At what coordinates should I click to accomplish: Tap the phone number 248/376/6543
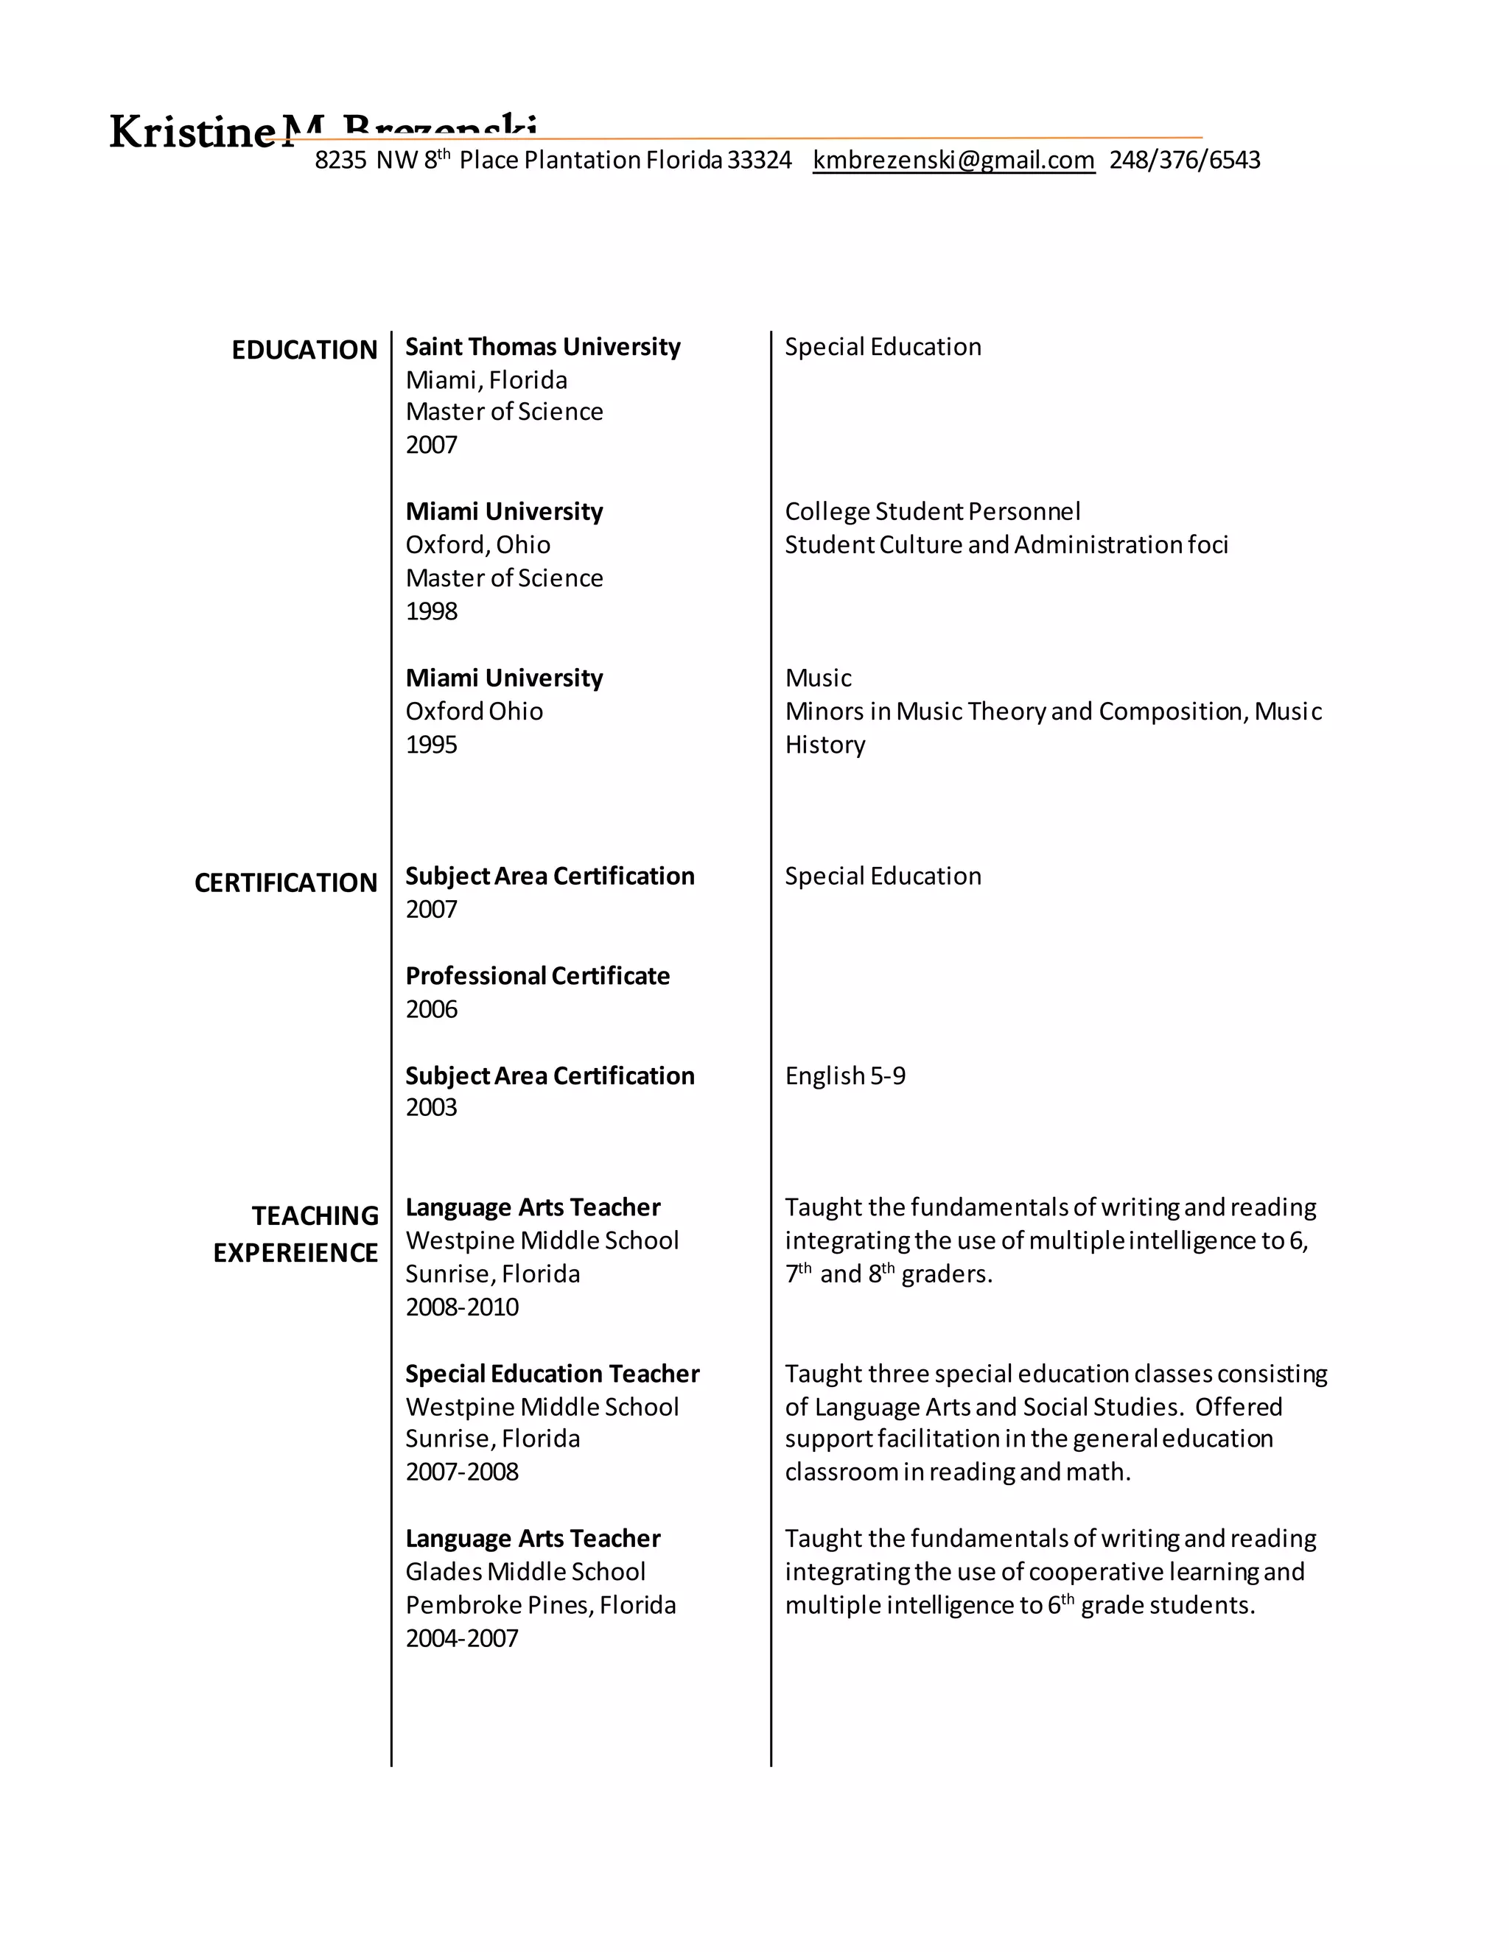tap(1185, 160)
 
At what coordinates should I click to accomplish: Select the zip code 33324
tap(759, 160)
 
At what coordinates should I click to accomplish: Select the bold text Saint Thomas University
tap(542, 347)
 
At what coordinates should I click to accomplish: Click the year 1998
tap(431, 611)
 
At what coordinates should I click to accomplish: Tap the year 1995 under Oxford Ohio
tap(431, 745)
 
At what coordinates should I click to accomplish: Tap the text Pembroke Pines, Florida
tap(540, 1605)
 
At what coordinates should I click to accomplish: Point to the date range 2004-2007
tap(461, 1638)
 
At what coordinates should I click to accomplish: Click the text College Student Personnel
tap(931, 511)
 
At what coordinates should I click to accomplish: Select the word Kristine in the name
tap(192, 133)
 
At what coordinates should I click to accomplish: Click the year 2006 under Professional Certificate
tap(431, 1009)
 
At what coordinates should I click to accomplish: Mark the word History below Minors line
tap(824, 745)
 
